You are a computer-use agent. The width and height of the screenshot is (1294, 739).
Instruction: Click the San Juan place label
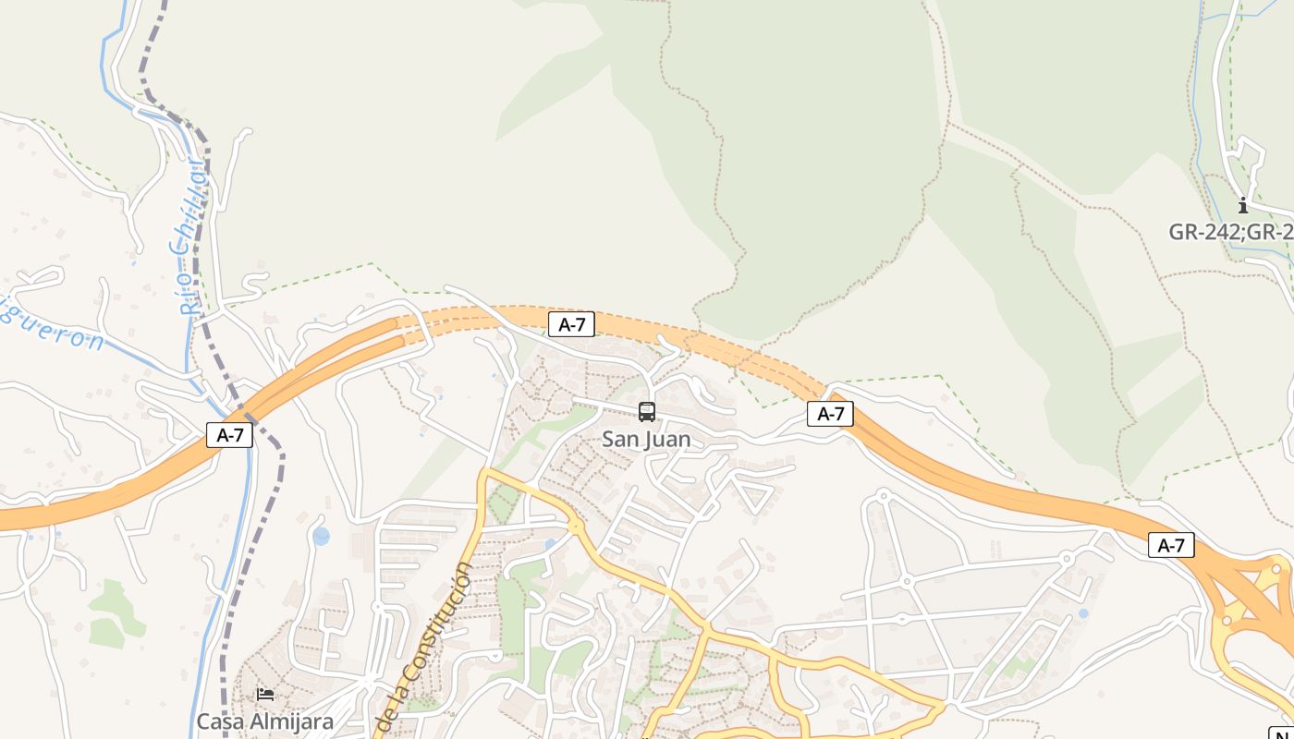646,439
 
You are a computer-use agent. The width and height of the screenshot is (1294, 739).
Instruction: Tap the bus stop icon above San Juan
647,412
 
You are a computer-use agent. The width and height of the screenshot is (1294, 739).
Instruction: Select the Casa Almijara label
264,721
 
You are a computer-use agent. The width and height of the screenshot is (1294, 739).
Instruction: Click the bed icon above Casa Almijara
265,695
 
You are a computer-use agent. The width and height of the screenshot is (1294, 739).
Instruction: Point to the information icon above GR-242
1243,206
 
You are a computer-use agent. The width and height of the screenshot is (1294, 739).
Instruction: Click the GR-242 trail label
1230,232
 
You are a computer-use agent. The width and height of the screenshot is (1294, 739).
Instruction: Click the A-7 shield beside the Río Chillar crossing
229,435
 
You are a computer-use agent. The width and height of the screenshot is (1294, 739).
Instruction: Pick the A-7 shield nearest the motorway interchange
1171,546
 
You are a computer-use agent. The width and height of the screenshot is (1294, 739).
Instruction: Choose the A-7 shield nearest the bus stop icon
571,324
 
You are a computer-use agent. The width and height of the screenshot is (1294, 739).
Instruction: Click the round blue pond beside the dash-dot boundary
321,536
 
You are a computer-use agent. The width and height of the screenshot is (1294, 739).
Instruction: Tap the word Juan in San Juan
670,439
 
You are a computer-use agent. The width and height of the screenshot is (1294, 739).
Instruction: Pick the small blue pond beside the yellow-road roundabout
551,544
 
